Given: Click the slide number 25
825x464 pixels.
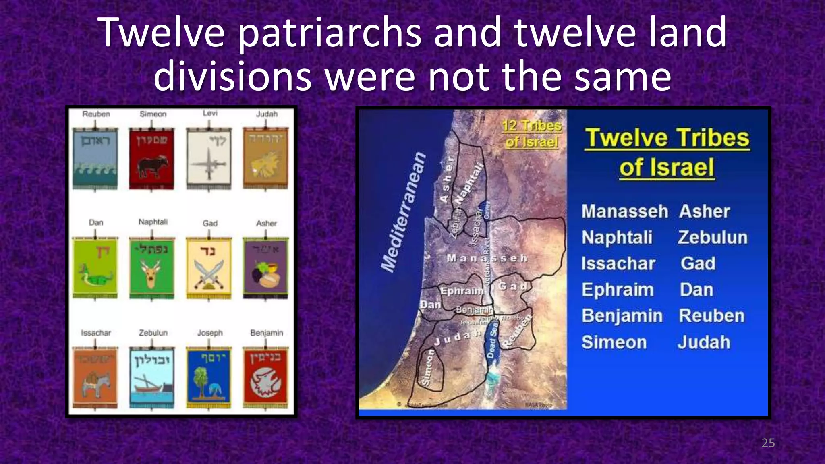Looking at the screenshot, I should click(768, 443).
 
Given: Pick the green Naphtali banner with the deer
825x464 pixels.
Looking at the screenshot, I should click(152, 267).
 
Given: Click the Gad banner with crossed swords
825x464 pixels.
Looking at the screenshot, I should click(209, 268).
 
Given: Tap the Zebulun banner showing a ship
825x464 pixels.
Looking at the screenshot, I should click(152, 377).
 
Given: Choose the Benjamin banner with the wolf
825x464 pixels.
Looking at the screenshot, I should click(265, 377).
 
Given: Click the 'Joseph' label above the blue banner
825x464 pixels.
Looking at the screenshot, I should click(210, 333).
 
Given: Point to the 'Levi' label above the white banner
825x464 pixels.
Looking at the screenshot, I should click(210, 114).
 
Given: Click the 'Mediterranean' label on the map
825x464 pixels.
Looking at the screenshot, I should click(403, 212).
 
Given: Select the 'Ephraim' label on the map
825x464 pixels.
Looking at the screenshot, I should click(462, 291).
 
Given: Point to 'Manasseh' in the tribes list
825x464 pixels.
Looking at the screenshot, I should click(624, 211).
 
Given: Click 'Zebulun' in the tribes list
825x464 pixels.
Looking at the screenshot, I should click(713, 238).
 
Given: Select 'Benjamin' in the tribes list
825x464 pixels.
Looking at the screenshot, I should click(622, 316).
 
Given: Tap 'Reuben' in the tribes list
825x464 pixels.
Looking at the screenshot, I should click(712, 316).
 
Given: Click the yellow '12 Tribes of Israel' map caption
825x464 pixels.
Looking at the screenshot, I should click(531, 134).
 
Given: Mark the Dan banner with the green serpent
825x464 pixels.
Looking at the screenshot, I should click(95, 267).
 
